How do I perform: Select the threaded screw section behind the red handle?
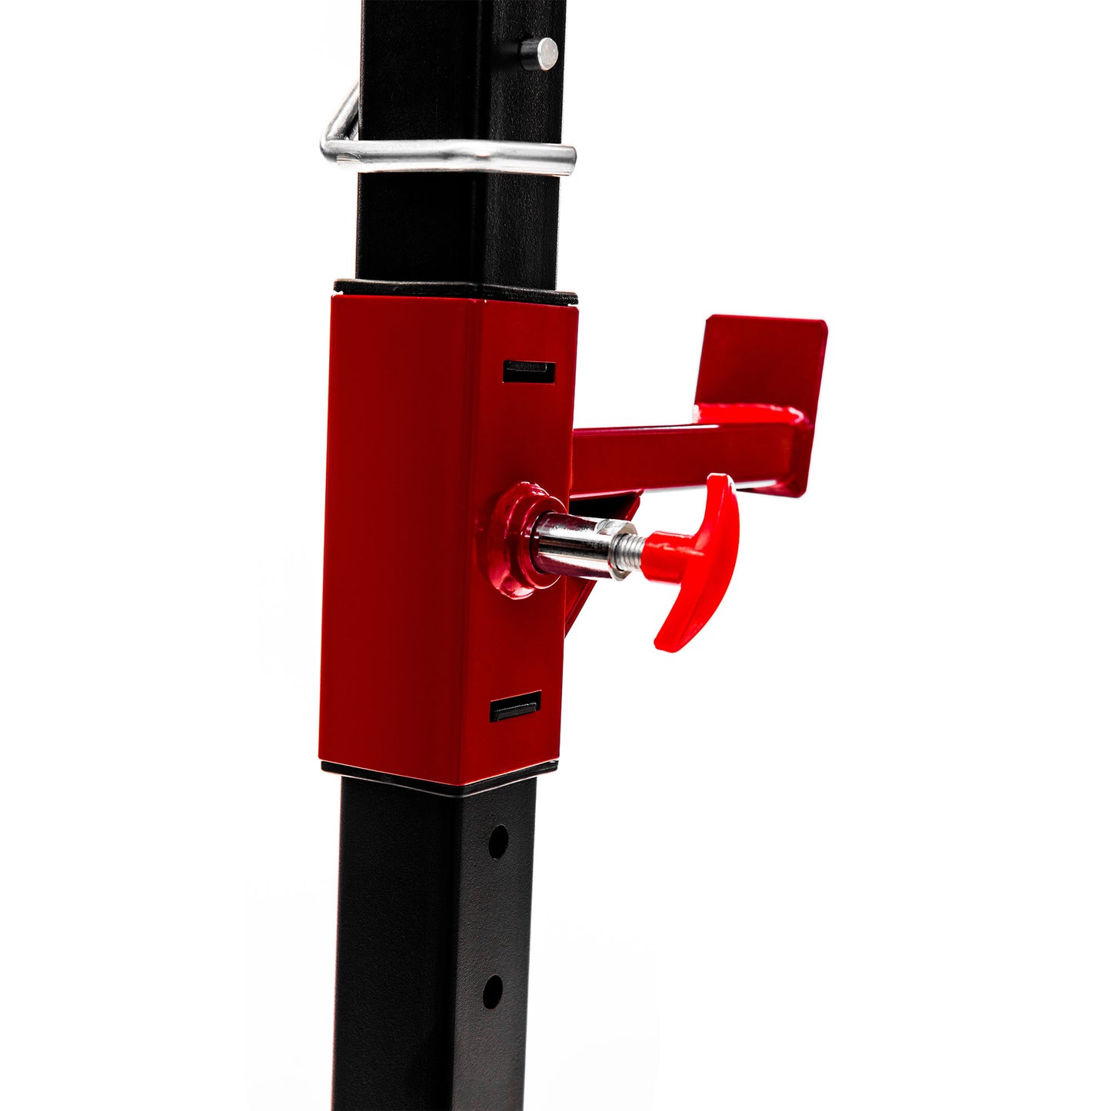coord(627,545)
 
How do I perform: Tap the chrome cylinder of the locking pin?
coord(573,544)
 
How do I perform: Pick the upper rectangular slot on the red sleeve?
coord(529,371)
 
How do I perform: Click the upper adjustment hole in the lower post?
coord(497,841)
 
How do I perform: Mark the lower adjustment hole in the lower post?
coord(492,990)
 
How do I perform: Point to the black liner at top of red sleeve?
coord(454,291)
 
